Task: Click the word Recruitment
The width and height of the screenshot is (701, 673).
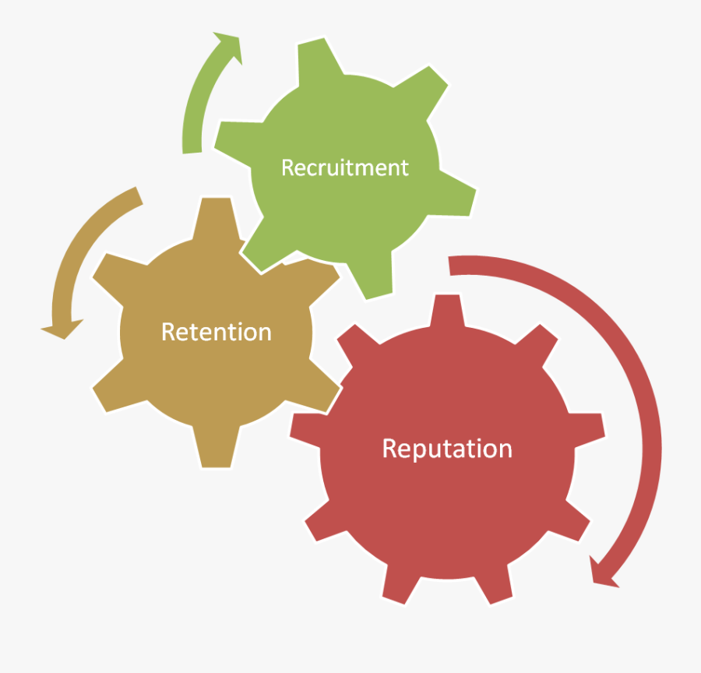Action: tap(344, 167)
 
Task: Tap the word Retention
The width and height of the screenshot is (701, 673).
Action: tap(216, 332)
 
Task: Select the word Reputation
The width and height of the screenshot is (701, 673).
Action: tap(446, 449)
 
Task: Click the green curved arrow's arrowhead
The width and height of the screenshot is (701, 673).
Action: tap(230, 47)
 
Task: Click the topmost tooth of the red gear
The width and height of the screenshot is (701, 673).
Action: tap(447, 312)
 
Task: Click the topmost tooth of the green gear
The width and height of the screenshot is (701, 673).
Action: tap(319, 62)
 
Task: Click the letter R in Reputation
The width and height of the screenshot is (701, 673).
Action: tap(389, 449)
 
